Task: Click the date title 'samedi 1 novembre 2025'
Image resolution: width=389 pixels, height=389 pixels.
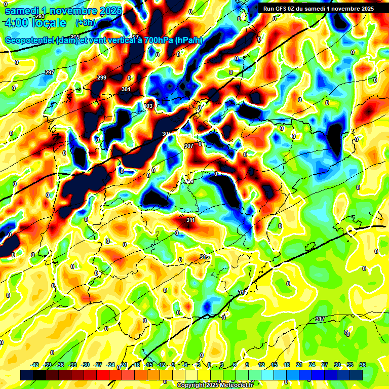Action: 63,11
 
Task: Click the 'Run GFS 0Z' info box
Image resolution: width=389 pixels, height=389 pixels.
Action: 317,9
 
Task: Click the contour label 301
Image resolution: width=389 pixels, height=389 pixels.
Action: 126,89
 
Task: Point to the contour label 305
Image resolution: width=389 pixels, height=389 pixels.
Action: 167,134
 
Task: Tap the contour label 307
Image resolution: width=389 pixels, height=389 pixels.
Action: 189,146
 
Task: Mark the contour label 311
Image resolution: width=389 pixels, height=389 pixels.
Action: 190,220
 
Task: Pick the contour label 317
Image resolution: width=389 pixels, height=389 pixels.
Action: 320,319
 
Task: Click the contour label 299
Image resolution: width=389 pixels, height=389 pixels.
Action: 102,77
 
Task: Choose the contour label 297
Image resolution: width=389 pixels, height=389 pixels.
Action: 50,73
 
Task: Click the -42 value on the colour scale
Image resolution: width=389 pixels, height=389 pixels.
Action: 35,365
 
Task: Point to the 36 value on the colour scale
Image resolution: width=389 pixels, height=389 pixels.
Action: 362,365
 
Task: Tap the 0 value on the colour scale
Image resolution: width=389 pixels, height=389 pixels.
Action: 210,365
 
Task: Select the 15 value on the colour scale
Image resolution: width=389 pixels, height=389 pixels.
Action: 274,365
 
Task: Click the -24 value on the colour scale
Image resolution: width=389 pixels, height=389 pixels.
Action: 111,365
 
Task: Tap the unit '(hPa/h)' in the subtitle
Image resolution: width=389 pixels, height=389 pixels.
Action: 189,41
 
